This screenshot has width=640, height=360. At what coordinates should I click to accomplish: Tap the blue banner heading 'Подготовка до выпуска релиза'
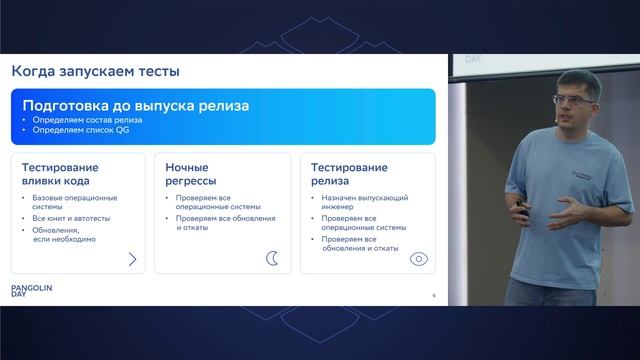pos(135,105)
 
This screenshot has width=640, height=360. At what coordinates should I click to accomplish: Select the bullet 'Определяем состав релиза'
pos(88,120)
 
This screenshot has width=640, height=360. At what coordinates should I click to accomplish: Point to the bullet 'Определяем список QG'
pos(79,129)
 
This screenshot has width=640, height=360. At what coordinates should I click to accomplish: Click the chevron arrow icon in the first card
pos(132,259)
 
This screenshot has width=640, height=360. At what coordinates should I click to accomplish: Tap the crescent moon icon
pos(272,259)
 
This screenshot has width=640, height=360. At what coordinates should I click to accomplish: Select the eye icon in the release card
pos(419,259)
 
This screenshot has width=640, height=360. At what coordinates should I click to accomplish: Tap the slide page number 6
pos(433,295)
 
